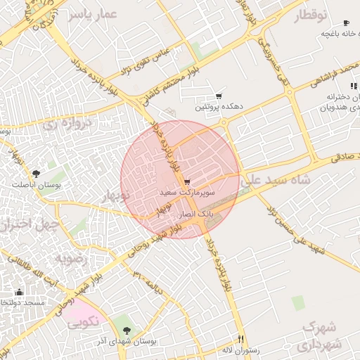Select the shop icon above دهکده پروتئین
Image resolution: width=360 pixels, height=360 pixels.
(219, 96)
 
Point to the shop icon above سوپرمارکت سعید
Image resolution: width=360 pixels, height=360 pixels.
(186, 182)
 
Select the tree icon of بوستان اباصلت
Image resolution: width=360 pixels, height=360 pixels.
(36, 173)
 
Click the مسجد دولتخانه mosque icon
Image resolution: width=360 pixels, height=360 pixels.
(19, 292)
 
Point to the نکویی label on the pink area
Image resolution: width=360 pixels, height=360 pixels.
(82, 323)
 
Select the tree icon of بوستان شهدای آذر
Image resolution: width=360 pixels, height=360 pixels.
(127, 330)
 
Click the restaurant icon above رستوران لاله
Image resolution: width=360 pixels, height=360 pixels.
(240, 339)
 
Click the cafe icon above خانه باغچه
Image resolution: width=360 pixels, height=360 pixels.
(346, 23)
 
